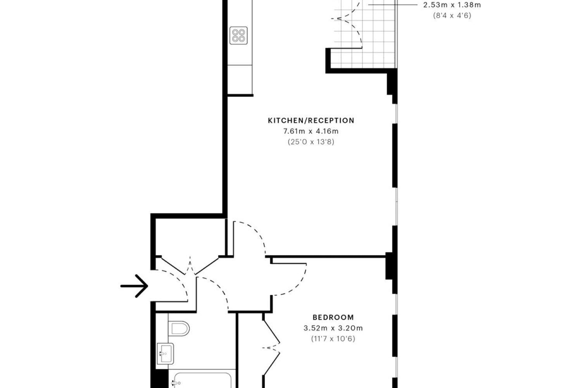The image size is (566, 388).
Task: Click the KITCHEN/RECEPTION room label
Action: point(311,120)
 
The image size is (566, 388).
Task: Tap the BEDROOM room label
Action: point(333,317)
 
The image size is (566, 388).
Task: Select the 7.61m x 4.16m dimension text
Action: point(311,131)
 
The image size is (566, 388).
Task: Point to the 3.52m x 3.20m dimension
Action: point(333,328)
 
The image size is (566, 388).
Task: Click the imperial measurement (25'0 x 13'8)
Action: point(311,142)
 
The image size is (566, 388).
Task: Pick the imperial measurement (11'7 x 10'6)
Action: point(333,339)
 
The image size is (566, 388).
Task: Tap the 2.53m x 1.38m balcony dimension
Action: point(452,5)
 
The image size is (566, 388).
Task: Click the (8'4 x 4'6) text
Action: point(452,16)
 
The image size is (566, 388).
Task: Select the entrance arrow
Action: point(134,286)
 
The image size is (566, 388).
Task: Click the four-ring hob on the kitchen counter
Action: point(238,35)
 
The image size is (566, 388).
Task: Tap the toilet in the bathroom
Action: point(179,329)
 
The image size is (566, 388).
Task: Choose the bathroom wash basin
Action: point(165,353)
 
